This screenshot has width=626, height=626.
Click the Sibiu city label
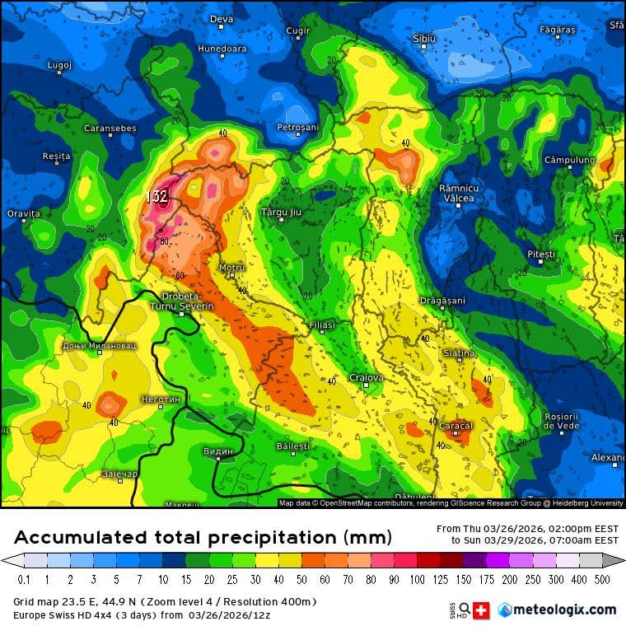423,38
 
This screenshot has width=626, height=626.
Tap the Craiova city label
367,377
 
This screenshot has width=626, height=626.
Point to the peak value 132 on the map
156,197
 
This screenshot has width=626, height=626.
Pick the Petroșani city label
297,128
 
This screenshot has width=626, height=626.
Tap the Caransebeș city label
110,128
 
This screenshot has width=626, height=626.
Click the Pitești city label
540,255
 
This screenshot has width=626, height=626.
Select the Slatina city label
459,353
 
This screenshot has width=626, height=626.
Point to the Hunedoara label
222,49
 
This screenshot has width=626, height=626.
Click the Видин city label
217,451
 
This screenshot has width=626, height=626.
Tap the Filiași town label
322,325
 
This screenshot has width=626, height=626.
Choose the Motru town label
232,268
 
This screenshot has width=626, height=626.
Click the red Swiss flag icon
483,610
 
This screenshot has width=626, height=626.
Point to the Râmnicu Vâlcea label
457,194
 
